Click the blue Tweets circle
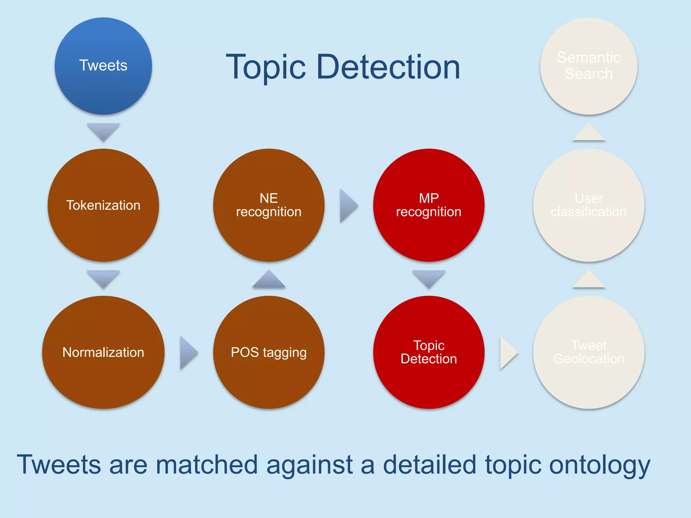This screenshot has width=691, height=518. [103, 66]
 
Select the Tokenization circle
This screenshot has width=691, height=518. [103, 205]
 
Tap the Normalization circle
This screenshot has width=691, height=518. [103, 352]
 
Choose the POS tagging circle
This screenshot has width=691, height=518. [269, 352]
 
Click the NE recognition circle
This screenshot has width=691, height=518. [269, 205]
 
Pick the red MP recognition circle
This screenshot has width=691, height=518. [429, 205]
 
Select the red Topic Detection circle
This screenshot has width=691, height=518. [429, 352]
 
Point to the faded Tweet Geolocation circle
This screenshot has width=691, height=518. [588, 352]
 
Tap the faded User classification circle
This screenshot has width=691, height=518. [588, 205]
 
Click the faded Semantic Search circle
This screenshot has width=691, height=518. [588, 66]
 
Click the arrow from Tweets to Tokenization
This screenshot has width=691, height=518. [103, 131]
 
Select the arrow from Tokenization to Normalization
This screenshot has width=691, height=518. [103, 278]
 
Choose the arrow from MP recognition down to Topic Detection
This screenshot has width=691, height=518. [429, 278]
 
